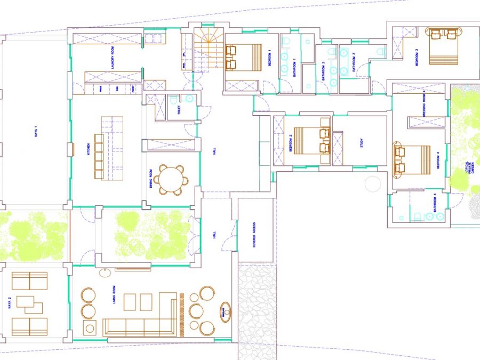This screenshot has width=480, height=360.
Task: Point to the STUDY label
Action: click(x=362, y=143)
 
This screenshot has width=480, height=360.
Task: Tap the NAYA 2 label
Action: click(x=10, y=303)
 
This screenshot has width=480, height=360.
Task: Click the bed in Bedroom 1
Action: click(x=244, y=57)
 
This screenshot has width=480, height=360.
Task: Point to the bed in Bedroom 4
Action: click(x=412, y=161)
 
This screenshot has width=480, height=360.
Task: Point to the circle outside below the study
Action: click(x=372, y=185)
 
